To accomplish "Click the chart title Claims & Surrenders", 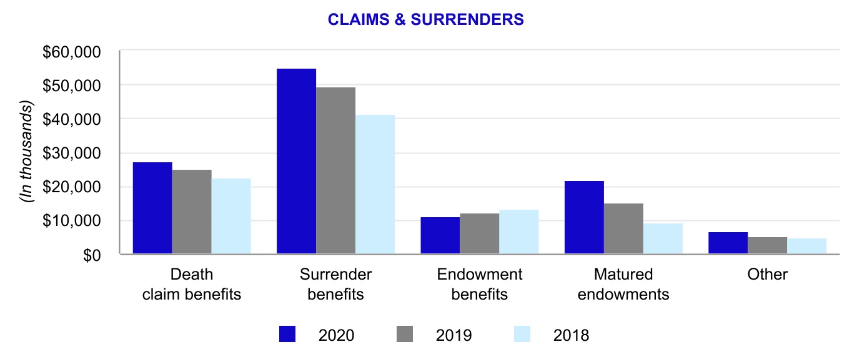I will pyautogui.click(x=426, y=20).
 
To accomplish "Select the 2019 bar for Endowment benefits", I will pyautogui.click(x=479, y=233).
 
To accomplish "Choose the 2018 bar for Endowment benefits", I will pyautogui.click(x=518, y=232).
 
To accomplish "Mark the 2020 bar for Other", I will pyautogui.click(x=728, y=243).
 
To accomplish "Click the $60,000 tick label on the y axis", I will pyautogui.click(x=72, y=52).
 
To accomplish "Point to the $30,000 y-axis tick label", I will pyautogui.click(x=72, y=154).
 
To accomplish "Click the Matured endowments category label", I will pyautogui.click(x=623, y=284).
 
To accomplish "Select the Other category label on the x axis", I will pyautogui.click(x=767, y=274).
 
